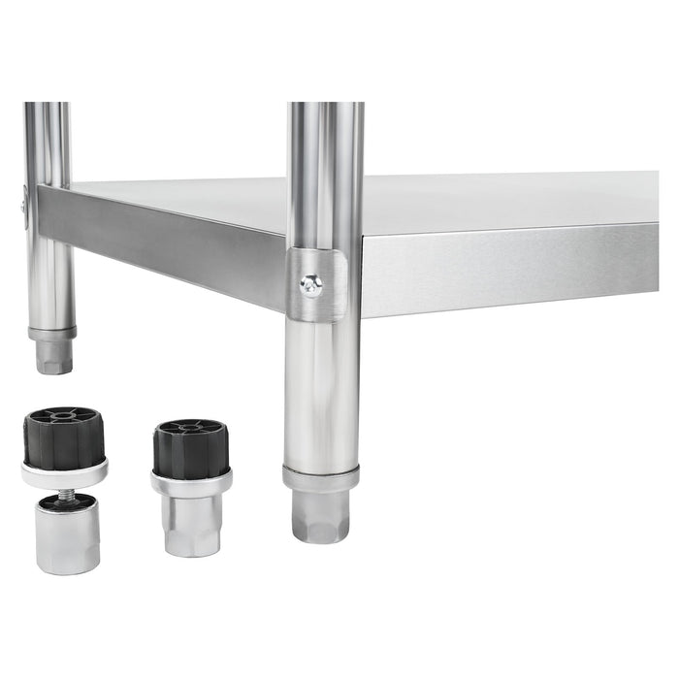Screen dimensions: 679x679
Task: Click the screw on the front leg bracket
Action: click(311, 283)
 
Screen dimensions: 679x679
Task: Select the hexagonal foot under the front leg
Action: click(320, 514)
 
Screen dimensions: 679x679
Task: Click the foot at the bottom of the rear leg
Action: click(53, 357)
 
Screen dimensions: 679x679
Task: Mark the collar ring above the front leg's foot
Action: click(320, 477)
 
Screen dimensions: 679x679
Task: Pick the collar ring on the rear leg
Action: click(52, 333)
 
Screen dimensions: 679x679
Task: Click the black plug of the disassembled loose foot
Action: click(63, 436)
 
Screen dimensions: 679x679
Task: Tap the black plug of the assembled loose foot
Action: click(191, 447)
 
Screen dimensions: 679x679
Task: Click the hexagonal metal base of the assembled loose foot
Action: click(191, 524)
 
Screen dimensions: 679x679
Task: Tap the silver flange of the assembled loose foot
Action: click(191, 480)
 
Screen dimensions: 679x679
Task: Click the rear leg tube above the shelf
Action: click(48, 141)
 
